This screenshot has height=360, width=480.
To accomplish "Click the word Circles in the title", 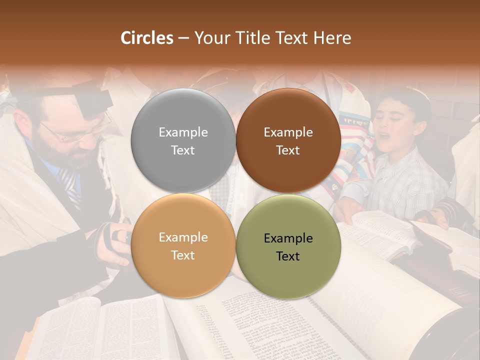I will tap(146, 38).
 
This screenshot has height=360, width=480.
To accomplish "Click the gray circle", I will tap(183, 140).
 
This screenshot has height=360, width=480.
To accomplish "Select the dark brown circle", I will tap(288, 140).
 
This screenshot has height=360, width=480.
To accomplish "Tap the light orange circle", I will tap(183, 246).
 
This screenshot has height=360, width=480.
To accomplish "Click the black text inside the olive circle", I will tap(288, 247).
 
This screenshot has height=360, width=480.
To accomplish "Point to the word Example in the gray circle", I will tap(183, 132).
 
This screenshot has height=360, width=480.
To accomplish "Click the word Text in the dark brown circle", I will tap(288, 150).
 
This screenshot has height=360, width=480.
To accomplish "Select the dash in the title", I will tap(183, 38).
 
